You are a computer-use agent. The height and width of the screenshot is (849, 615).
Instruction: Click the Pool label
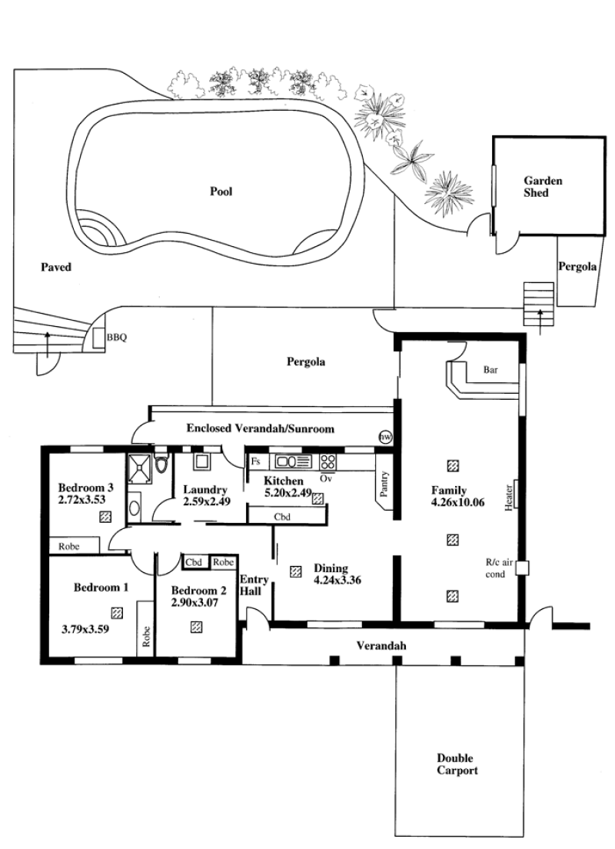(221, 191)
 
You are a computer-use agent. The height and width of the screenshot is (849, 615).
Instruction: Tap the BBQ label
(116, 338)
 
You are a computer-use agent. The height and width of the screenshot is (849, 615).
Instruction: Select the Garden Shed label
(543, 186)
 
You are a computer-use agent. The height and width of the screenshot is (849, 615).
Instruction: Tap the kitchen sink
(294, 461)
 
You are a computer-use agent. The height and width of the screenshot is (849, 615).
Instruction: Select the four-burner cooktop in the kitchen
(328, 462)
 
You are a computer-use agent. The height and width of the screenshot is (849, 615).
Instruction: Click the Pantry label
(385, 484)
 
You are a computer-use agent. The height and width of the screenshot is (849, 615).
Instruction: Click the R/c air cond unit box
(522, 568)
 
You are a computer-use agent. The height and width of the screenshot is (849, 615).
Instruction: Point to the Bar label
(490, 370)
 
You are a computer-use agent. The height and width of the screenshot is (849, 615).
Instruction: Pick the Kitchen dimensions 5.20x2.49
(288, 493)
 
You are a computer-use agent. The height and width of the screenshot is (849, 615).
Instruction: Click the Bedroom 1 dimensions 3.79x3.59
(85, 629)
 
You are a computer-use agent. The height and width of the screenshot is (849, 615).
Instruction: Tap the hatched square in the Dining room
(296, 571)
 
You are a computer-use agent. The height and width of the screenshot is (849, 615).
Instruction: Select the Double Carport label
(457, 764)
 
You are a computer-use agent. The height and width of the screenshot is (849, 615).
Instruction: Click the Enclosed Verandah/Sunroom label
(261, 428)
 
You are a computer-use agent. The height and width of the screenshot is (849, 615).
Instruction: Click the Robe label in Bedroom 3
(68, 546)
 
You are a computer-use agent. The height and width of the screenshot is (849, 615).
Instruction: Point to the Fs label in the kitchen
(256, 462)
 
